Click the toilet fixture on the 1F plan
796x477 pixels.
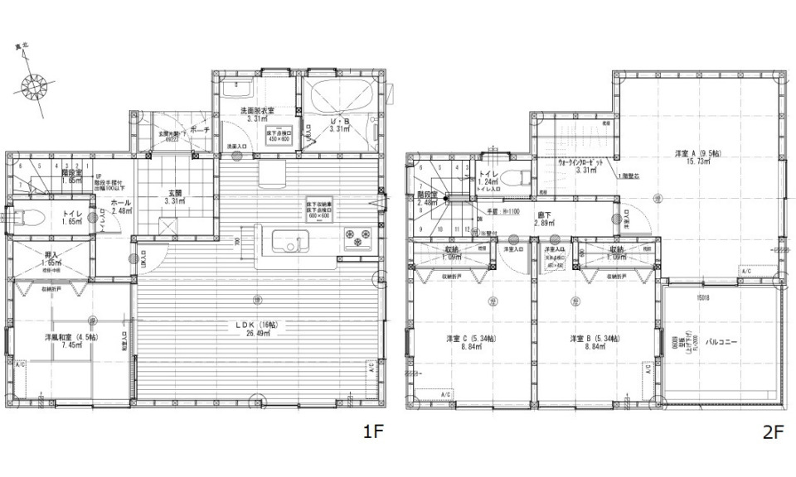(x=31, y=219)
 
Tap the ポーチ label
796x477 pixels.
(x=199, y=130)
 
